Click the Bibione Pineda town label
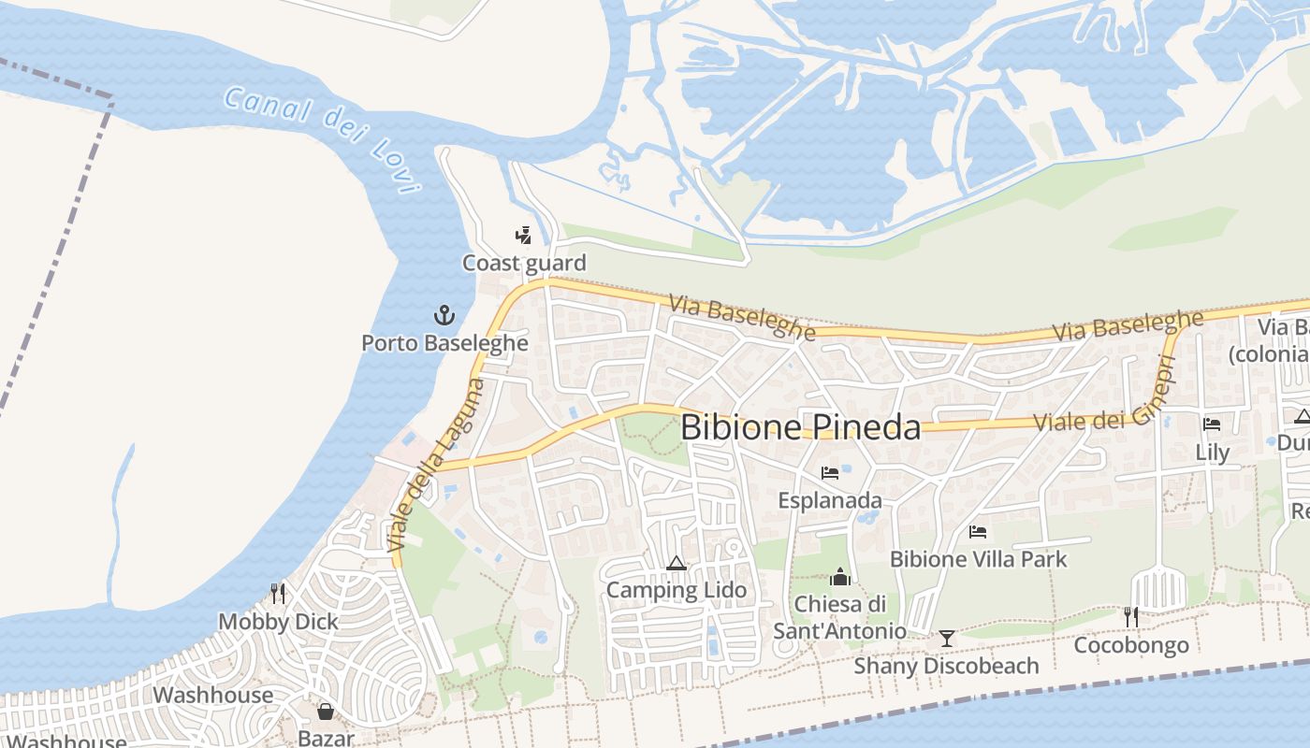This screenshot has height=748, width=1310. tap(800, 427)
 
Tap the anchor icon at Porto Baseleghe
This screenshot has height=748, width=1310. tap(444, 315)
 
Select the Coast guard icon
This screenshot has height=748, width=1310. tap(524, 236)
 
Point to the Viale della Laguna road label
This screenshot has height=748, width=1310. tap(437, 465)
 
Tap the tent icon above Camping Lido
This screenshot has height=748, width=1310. tap(677, 563)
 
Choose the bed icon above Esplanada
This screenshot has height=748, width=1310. tap(830, 473)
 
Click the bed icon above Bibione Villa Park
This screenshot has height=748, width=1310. tap(978, 532)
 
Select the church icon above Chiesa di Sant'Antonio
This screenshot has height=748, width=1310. tap(839, 577)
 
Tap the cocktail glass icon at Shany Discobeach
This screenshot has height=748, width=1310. tap(947, 639)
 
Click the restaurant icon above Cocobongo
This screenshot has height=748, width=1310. tap(1131, 617)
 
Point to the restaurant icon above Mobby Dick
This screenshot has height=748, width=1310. tap(278, 594)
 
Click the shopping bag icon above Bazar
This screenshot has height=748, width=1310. tap(326, 712)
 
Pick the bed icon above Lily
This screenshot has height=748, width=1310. tap(1212, 424)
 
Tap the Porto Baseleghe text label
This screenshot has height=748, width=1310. tap(444, 343)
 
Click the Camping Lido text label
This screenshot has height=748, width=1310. tap(677, 590)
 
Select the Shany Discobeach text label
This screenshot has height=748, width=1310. tap(946, 666)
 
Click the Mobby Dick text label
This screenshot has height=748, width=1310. tap(278, 622)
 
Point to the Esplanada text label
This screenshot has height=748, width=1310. tap(830, 500)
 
